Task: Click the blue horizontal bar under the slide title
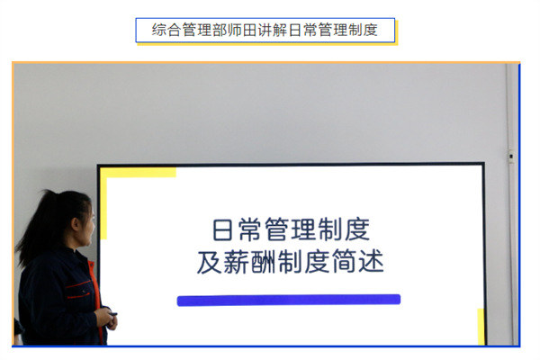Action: pos(288,300)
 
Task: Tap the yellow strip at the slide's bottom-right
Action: pos(481,326)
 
